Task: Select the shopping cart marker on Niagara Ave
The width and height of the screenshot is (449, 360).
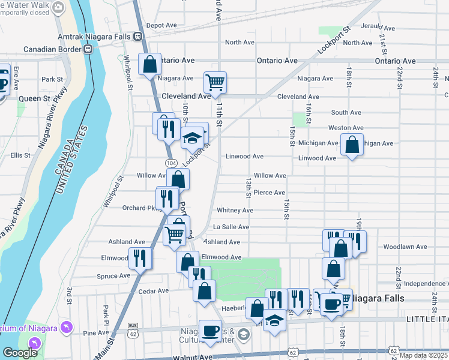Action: click(215, 82)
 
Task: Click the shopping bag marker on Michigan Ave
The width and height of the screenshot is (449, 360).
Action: click(352, 145)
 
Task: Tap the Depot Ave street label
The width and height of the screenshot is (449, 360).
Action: click(161, 26)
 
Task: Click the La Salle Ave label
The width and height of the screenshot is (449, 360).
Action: click(231, 227)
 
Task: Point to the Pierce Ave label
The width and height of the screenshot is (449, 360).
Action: click(269, 193)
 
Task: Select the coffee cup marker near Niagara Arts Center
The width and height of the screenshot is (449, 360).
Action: click(210, 331)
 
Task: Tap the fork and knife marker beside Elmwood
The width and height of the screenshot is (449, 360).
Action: click(140, 259)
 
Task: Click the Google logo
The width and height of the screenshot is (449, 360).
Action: click(20, 352)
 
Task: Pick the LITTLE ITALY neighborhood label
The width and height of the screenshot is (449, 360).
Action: click(427, 319)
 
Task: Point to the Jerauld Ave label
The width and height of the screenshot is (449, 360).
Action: click(378, 28)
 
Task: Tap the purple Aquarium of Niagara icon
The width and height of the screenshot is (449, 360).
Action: click(67, 327)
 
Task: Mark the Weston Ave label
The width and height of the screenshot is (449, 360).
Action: click(345, 128)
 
